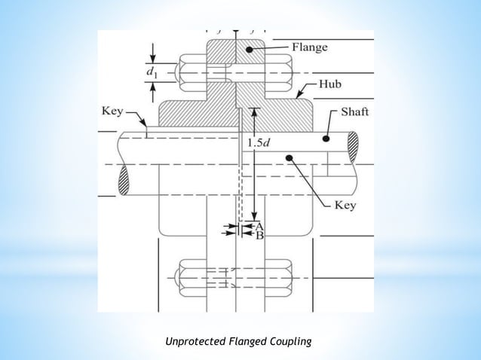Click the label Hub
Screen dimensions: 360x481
[329, 84]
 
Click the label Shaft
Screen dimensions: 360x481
[354, 112]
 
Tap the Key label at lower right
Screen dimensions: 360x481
[345, 205]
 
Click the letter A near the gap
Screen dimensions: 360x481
[259, 225]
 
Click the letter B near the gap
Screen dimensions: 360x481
[259, 235]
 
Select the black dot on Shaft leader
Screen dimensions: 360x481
[326, 139]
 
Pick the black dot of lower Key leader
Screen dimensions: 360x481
[288, 157]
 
